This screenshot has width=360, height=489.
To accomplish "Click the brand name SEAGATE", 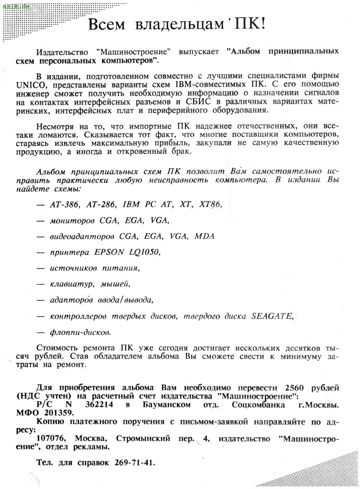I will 272,316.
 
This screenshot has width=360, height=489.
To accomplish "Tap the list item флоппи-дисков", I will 80,333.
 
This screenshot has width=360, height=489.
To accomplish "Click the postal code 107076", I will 52,439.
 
